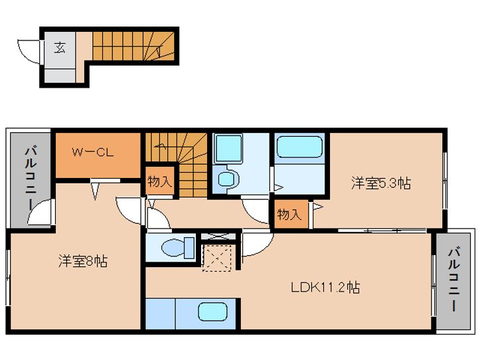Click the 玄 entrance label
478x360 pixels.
pos(60,47)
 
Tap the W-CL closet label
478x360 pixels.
pos(93,152)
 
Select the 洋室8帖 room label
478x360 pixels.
pos(82,261)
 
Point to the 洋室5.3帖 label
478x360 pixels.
pos(381,183)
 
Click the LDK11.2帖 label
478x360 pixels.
pos(325,287)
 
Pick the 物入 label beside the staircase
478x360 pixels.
pos(160,181)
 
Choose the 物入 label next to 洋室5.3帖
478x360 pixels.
pos(289,215)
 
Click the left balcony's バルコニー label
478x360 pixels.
pos(31,179)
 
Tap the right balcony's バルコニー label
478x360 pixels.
pos(454,280)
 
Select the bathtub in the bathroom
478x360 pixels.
pos(299,147)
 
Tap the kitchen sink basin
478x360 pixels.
pos(213,312)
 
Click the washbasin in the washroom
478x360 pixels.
pos(228,179)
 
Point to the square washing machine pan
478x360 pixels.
pos(228,149)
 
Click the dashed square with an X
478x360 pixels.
pos(216,258)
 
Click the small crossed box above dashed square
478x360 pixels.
pos(218,236)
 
